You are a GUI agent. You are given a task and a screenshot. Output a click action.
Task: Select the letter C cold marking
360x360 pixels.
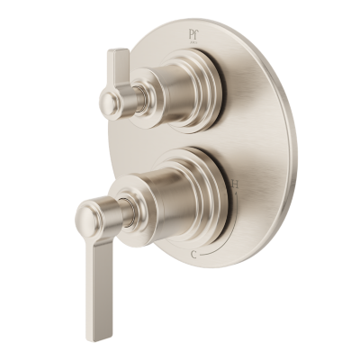(x=197, y=255)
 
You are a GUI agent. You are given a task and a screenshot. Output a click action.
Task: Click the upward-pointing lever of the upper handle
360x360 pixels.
(x=117, y=67)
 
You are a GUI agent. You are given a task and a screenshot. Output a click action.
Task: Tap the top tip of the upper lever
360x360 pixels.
(x=114, y=52)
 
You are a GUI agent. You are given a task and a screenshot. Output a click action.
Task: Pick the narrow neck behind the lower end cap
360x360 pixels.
(x=114, y=214)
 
